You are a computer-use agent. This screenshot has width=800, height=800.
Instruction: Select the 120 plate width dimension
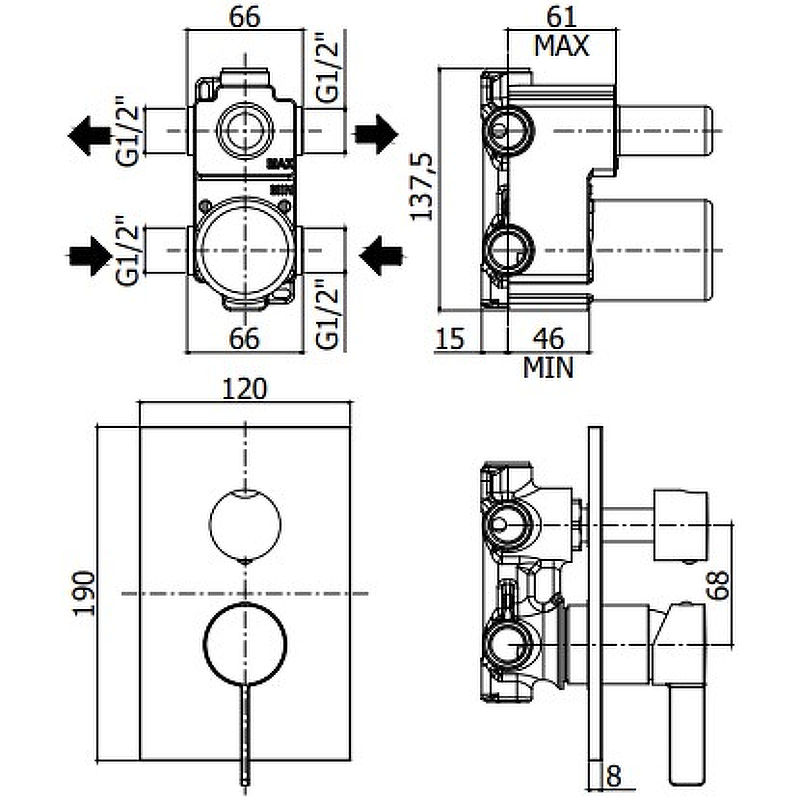coord(244,388)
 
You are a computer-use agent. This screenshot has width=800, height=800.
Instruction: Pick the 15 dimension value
coord(451,339)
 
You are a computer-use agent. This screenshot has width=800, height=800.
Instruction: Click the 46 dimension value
coord(548,339)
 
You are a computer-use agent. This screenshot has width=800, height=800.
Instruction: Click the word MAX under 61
coord(560,45)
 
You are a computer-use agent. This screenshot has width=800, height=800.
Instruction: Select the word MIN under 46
coord(548,367)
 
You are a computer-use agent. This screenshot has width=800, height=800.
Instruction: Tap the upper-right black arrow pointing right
coord(377,132)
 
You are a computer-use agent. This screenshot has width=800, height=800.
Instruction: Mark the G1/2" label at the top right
coord(331,70)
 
